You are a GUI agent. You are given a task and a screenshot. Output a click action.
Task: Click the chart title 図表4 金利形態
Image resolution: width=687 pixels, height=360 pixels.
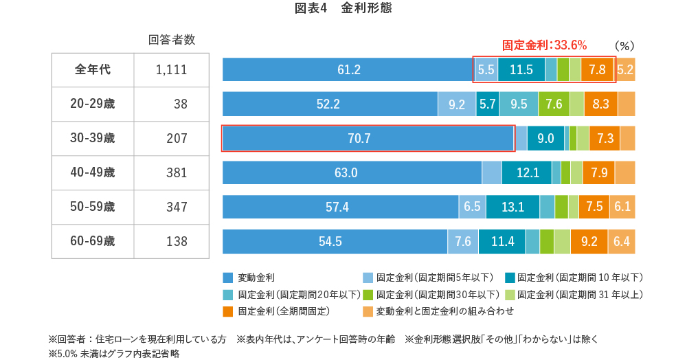(x=343, y=9)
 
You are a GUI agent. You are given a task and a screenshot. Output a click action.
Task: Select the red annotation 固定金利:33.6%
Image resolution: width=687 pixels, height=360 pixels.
(x=544, y=45)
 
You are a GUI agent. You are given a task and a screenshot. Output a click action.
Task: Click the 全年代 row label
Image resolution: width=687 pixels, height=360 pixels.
(x=93, y=69)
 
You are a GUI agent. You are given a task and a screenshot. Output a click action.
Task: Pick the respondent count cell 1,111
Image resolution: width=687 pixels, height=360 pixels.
(x=171, y=69)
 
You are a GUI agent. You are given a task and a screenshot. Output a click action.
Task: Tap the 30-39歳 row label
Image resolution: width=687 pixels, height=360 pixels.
(x=93, y=138)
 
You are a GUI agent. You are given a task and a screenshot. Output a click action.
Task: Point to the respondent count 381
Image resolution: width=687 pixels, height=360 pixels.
(x=177, y=172)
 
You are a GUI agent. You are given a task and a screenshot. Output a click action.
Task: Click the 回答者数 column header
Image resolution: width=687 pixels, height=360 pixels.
(x=172, y=40)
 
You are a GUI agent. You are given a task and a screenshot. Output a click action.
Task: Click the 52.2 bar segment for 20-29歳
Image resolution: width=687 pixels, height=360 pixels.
(x=330, y=104)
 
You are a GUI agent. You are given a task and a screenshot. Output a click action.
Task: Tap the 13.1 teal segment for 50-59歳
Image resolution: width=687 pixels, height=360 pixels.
(x=513, y=207)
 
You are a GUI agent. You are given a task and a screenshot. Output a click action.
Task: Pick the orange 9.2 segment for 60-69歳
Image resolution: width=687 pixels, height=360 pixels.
(x=589, y=241)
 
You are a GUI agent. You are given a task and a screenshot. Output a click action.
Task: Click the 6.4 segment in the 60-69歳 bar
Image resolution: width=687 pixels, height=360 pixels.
(x=622, y=241)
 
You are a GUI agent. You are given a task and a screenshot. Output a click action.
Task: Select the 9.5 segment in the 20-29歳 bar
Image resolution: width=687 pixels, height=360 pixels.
(x=519, y=104)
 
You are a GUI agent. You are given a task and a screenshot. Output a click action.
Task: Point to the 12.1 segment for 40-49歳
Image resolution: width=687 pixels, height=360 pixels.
(x=526, y=172)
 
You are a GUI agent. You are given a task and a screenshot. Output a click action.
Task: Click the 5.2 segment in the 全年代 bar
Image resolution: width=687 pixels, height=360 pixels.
(x=625, y=69)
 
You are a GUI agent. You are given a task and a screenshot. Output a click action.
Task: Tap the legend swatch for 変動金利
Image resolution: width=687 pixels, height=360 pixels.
(x=228, y=278)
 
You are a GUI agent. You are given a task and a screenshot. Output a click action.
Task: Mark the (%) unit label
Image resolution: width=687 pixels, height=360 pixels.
(x=624, y=45)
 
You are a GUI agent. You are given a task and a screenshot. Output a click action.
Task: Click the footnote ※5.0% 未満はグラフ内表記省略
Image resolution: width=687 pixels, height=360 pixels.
(x=113, y=354)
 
